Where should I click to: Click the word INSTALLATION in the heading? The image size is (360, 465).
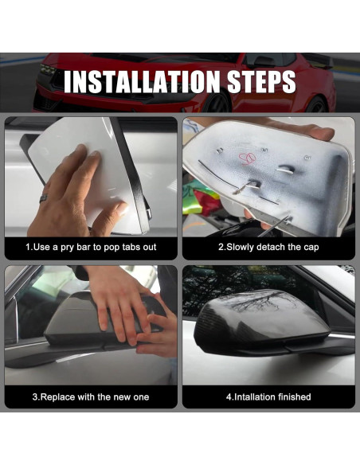[142, 81]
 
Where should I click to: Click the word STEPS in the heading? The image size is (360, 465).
[261, 81]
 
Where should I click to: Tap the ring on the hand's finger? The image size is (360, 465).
[43, 198]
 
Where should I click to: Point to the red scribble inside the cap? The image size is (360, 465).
[248, 158]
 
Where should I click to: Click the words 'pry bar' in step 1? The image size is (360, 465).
[75, 248]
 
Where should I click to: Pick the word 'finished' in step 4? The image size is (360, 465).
[295, 397]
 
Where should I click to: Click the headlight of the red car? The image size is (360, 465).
[48, 70]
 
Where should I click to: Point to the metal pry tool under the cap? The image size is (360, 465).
[273, 227]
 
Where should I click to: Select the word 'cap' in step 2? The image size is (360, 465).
[311, 248]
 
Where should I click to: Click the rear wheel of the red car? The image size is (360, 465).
[316, 104]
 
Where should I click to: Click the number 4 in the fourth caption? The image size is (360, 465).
[229, 397]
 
